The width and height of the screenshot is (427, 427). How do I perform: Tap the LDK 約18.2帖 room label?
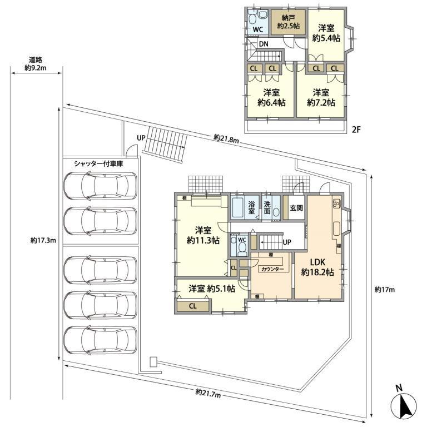click(317, 267)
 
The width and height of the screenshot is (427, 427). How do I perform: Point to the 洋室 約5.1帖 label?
click(211, 289)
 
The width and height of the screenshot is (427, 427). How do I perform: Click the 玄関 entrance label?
click(296, 208)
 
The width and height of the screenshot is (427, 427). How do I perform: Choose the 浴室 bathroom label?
click(251, 208)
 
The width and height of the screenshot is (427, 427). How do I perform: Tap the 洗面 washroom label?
click(267, 208)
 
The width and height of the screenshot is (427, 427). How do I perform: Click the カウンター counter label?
click(272, 269)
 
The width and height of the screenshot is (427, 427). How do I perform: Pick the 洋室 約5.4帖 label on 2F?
click(325, 33)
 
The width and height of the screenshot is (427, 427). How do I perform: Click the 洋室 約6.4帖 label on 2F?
click(271, 97)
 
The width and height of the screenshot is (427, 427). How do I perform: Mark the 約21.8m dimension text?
click(226, 138)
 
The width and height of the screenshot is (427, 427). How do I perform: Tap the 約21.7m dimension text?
click(208, 393)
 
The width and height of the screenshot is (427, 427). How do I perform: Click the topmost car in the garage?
click(101, 186)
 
